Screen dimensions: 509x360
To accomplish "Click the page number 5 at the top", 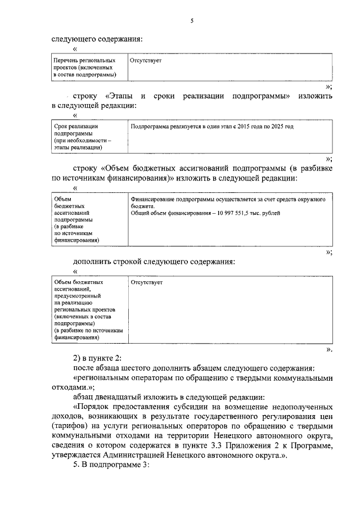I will point(191,21).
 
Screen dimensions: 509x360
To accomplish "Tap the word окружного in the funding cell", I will point(314,199).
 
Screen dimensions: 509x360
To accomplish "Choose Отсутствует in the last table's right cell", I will point(146,282).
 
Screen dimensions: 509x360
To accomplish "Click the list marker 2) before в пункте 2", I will point(79,358).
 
